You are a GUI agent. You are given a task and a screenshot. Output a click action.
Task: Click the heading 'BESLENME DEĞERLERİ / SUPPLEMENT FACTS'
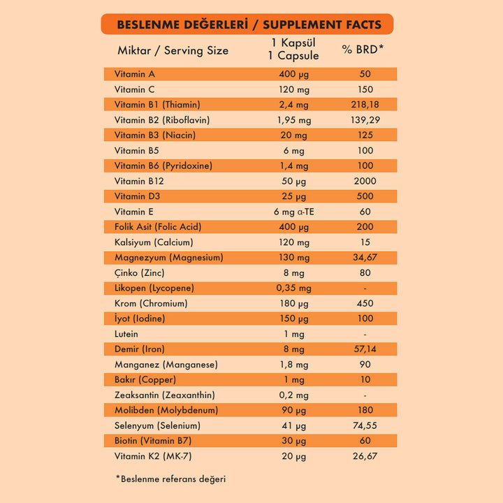point(249,24)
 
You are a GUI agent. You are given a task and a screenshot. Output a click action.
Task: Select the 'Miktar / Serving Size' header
point(173,50)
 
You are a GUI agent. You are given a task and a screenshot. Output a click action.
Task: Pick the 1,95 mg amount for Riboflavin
point(293,119)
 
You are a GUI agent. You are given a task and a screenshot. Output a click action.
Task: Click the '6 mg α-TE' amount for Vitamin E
point(293,212)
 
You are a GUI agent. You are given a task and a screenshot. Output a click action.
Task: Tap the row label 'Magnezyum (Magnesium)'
point(168,258)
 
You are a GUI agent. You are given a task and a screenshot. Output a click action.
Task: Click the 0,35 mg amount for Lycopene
point(293,288)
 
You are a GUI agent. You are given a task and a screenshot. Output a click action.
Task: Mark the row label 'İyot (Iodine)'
point(140,319)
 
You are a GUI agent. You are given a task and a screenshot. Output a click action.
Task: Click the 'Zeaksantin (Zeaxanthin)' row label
point(164,395)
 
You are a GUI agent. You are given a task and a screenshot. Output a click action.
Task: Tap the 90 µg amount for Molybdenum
point(293,410)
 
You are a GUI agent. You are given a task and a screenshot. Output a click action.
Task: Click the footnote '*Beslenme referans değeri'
point(170,479)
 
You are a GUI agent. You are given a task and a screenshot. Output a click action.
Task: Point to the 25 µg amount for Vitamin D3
point(293,196)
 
